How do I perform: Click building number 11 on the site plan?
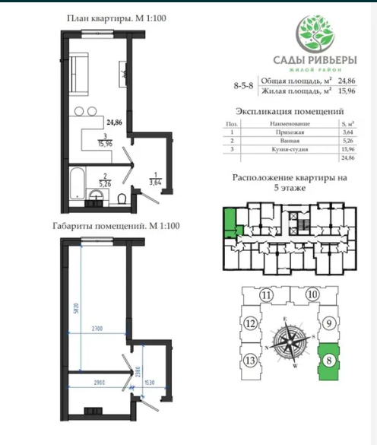tap(265, 296)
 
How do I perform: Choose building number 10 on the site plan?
tap(312, 295)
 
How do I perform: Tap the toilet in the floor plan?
tap(122, 199)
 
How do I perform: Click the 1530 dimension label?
tap(149, 383)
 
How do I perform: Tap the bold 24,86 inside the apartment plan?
tap(114, 122)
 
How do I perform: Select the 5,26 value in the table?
tap(349, 141)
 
